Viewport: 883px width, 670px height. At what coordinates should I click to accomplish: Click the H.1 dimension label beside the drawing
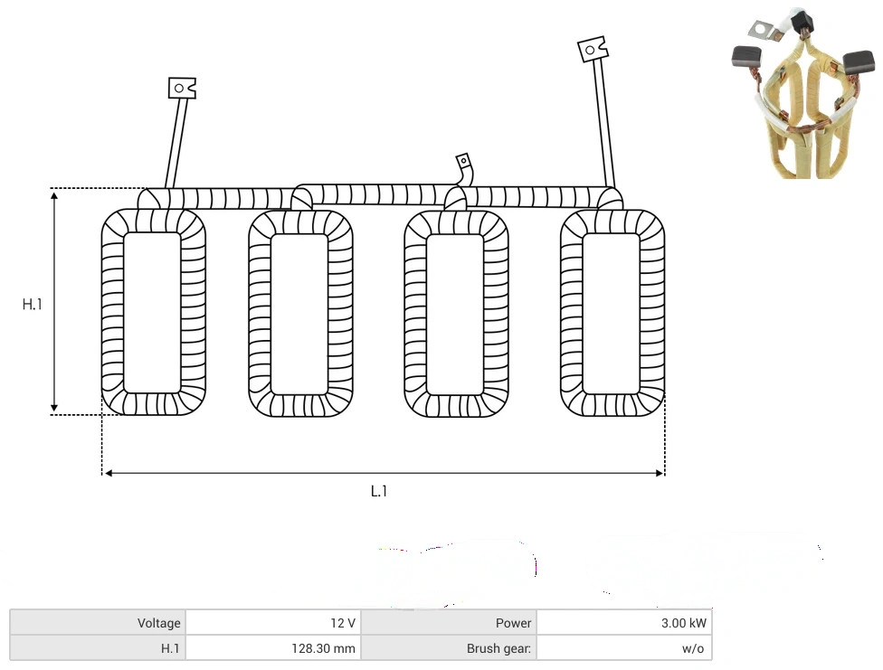tap(32, 304)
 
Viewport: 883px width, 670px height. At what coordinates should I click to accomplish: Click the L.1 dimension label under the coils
tap(379, 492)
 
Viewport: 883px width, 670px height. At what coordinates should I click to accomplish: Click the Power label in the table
tap(513, 623)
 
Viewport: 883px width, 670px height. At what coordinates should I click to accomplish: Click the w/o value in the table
tap(693, 648)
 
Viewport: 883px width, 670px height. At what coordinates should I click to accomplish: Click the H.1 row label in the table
tap(170, 648)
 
